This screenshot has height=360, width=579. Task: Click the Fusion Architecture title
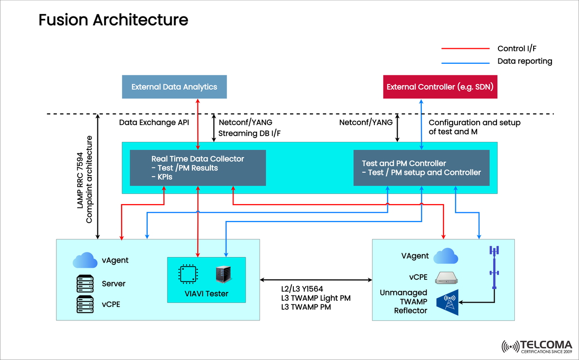(113, 20)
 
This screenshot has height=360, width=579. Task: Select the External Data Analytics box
(174, 87)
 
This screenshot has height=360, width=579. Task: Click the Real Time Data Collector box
(198, 167)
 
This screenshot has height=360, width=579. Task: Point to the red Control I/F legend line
(466, 49)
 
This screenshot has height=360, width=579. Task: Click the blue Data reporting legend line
(466, 61)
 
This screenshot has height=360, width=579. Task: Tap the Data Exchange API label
(154, 123)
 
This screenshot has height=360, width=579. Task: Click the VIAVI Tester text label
(206, 293)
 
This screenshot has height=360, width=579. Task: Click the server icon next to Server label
(85, 283)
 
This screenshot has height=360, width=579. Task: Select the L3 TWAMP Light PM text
(316, 298)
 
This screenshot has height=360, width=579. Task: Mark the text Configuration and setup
(474, 123)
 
